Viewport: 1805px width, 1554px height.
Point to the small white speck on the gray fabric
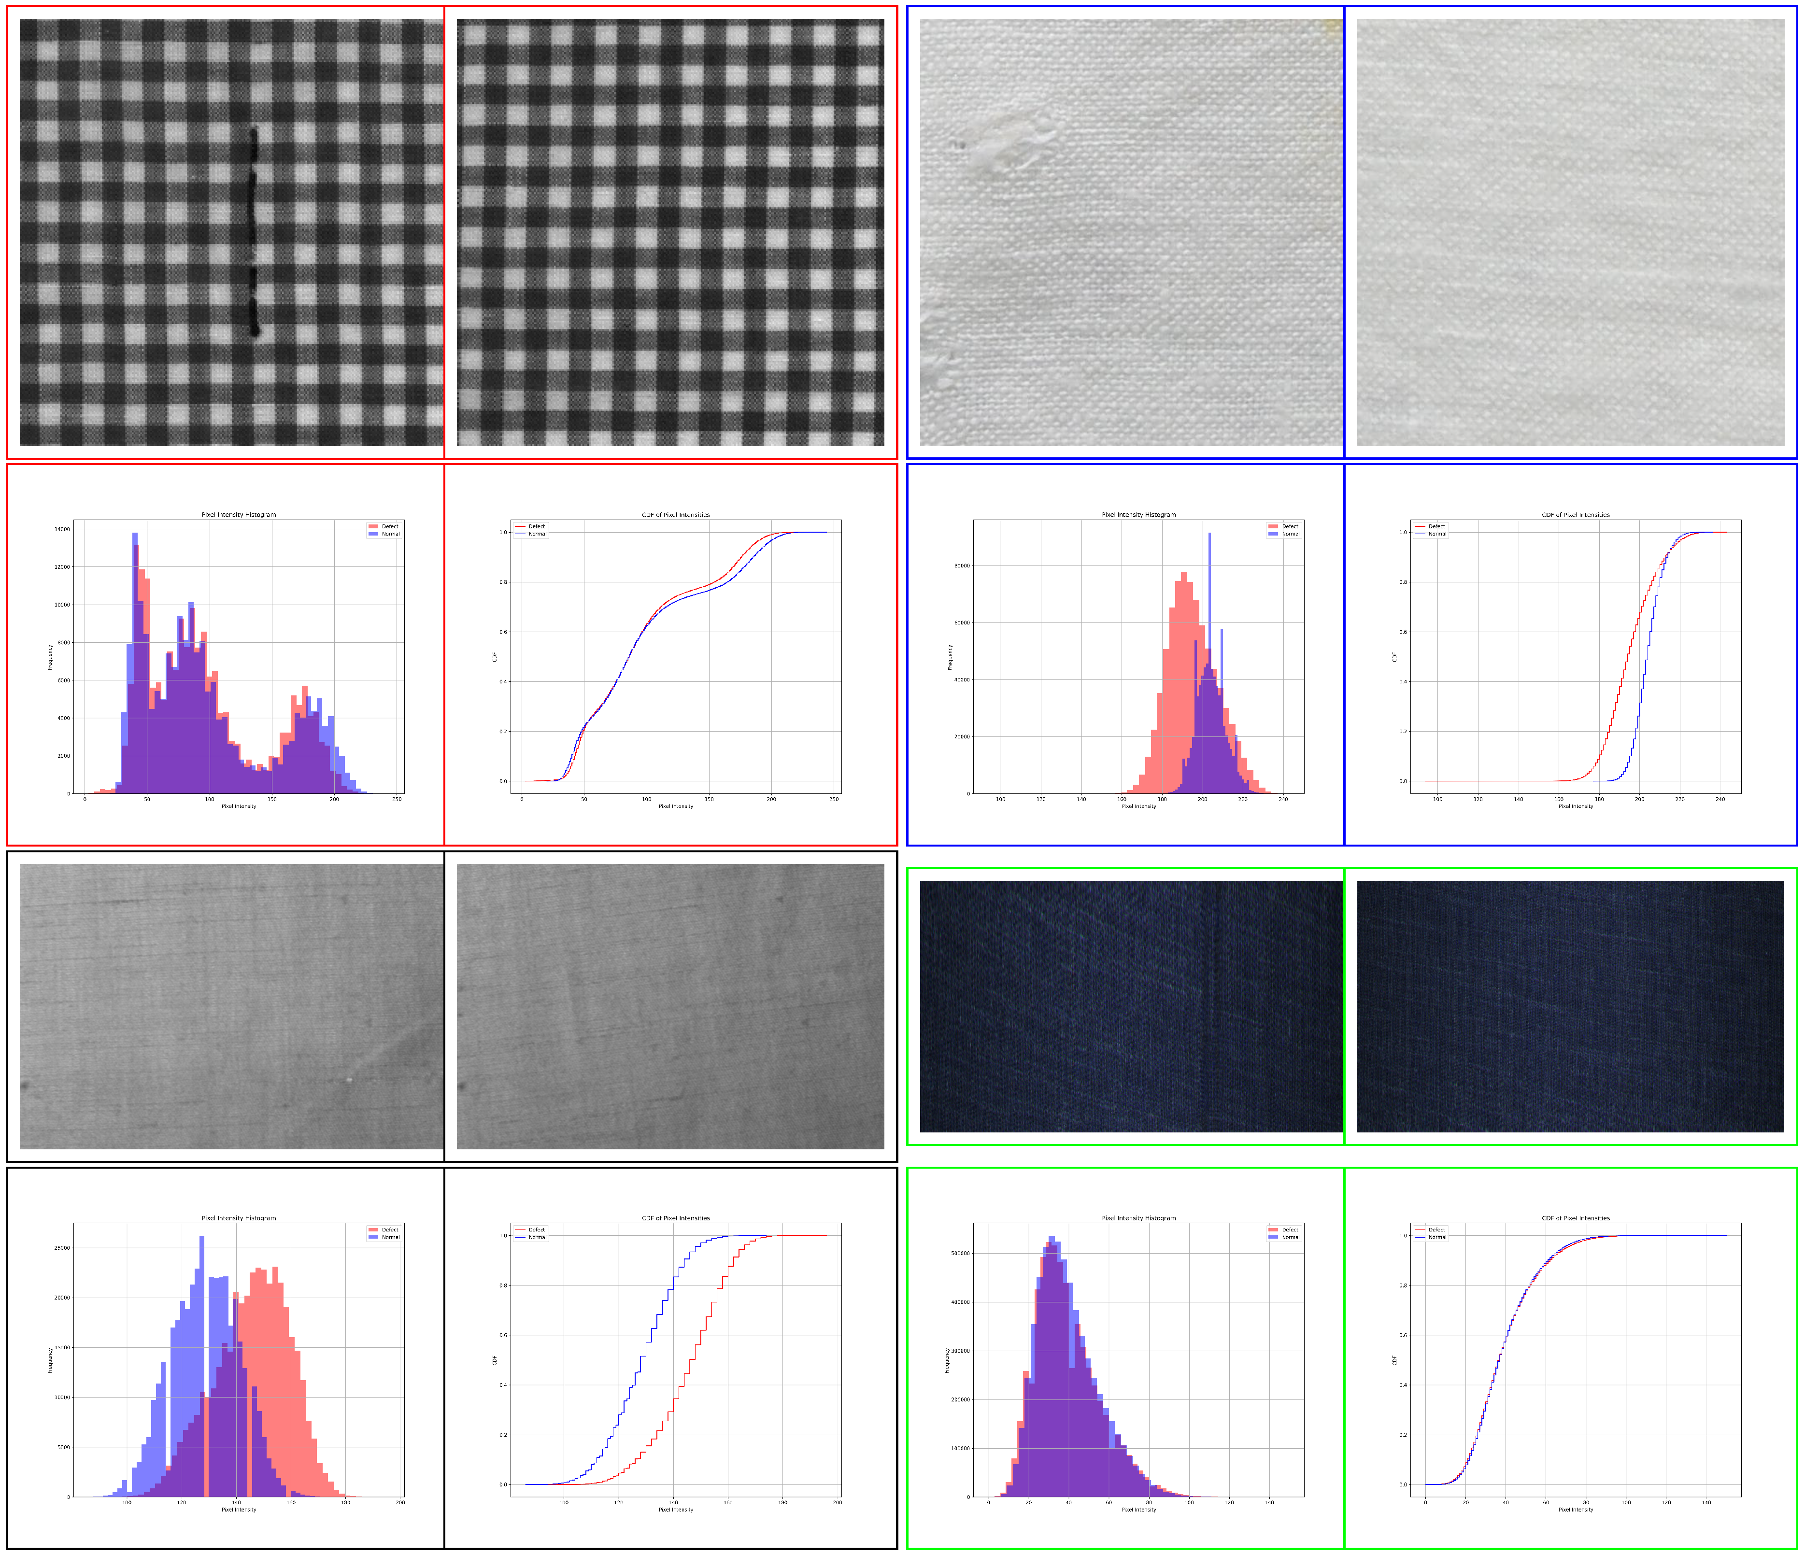click(x=349, y=1080)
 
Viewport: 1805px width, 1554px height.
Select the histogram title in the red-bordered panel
click(x=239, y=515)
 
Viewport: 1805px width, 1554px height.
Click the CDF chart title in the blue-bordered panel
click(x=1575, y=515)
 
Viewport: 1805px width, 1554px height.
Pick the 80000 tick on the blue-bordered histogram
click(x=962, y=566)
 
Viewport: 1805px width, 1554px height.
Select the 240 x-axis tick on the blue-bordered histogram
click(x=1283, y=799)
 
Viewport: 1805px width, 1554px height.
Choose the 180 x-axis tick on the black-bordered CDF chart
click(x=782, y=1503)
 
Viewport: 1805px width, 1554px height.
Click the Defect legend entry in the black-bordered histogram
click(x=389, y=1230)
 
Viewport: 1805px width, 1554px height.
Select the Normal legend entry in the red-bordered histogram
click(x=389, y=534)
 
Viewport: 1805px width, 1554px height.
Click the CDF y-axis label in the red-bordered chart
click(x=495, y=656)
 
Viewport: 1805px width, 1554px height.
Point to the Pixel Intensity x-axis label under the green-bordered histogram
click(x=1138, y=1510)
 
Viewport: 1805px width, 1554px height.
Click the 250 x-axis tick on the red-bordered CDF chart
click(x=834, y=799)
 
